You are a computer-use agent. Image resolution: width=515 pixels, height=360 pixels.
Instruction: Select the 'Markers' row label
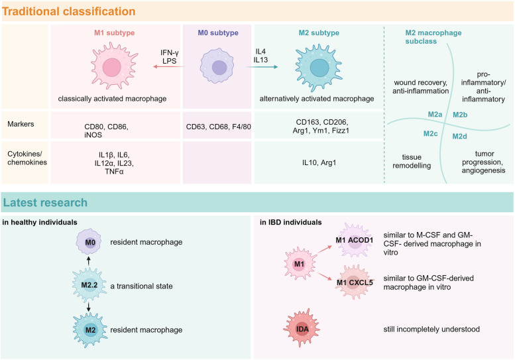point(21,124)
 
